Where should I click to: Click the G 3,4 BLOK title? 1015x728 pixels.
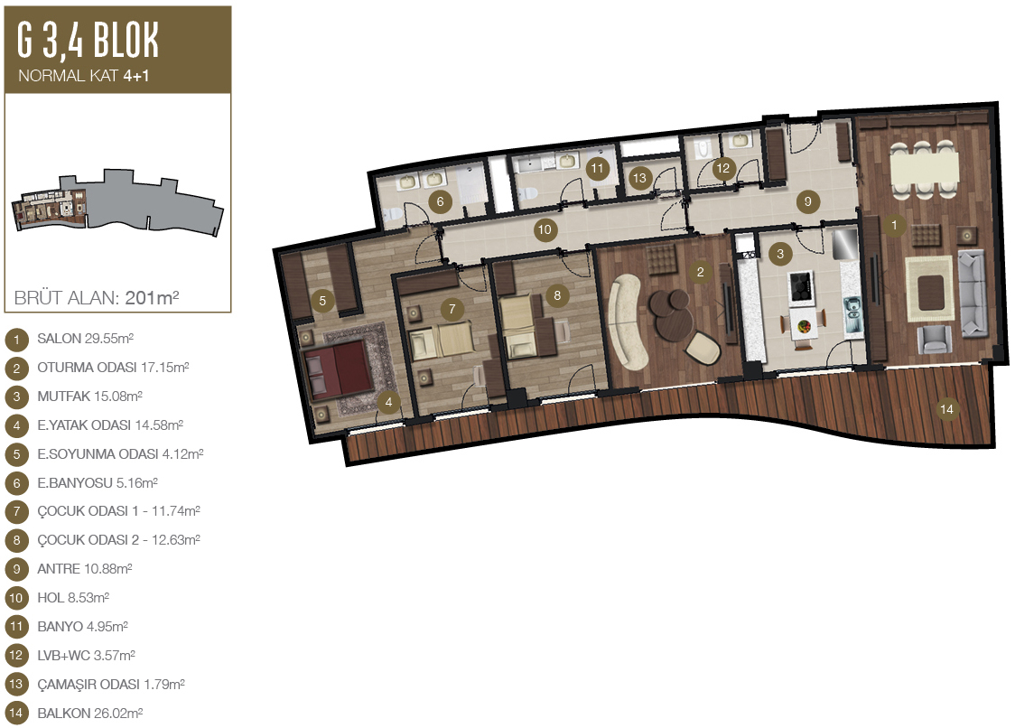click(x=88, y=40)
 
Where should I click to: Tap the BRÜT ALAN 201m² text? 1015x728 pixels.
click(x=97, y=297)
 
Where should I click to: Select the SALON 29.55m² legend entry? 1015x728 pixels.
click(x=86, y=338)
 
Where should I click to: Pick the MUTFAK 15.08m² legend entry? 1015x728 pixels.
click(x=89, y=396)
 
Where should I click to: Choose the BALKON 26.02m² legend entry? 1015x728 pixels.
click(x=90, y=714)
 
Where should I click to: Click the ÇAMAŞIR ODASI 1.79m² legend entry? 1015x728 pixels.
click(x=111, y=684)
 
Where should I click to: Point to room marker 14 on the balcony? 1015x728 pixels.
click(x=946, y=408)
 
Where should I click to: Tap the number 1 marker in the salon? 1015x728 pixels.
click(x=894, y=225)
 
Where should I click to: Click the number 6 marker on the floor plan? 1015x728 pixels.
click(x=440, y=201)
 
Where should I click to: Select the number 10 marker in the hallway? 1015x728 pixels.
click(x=545, y=229)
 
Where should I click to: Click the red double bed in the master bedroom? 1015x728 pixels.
click(x=337, y=370)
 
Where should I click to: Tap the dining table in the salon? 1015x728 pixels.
click(x=925, y=168)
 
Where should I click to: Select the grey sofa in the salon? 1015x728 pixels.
click(x=973, y=294)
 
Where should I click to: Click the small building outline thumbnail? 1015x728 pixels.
click(x=117, y=201)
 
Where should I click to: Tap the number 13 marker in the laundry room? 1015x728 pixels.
click(x=639, y=177)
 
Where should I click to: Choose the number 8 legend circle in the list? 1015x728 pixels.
click(x=16, y=540)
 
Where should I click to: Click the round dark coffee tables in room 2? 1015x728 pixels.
click(x=671, y=313)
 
